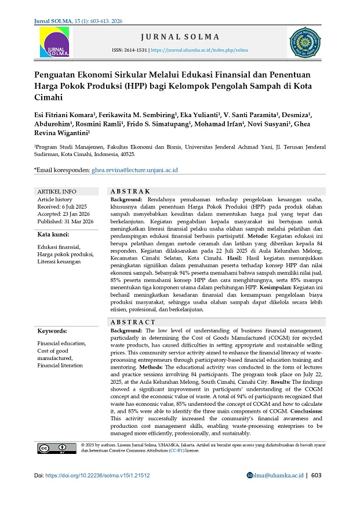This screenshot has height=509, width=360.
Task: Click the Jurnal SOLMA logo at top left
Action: coord(54,43)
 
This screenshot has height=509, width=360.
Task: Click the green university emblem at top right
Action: coord(305,42)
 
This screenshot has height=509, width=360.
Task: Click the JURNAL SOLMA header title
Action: coord(180,37)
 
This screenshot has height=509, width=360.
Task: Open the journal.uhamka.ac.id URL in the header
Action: coord(200,50)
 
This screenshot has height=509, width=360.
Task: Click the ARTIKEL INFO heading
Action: coord(56,191)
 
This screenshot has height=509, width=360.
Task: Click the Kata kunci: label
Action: coord(53,234)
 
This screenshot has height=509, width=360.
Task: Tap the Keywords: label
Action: coord(52,331)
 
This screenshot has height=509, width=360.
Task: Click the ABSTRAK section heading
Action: coord(130,191)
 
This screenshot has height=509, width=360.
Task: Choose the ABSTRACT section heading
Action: coord(133,322)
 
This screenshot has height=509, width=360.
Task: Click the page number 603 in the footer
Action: coord(316,475)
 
